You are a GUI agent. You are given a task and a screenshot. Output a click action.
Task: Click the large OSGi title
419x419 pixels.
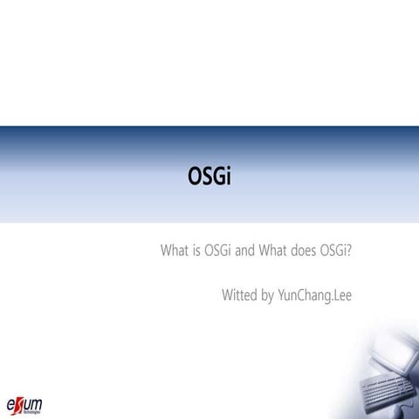pyautogui.click(x=209, y=176)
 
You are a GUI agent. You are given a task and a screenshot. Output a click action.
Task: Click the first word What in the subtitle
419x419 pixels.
pyautogui.click(x=175, y=251)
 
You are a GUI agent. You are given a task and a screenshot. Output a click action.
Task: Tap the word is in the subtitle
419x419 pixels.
pyautogui.click(x=197, y=251)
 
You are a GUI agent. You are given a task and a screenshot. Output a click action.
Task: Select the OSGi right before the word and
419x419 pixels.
pyautogui.click(x=218, y=251)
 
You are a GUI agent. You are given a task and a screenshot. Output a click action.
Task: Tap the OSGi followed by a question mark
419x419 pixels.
pyautogui.click(x=333, y=251)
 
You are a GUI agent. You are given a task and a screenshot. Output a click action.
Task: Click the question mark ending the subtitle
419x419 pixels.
pyautogui.click(x=349, y=251)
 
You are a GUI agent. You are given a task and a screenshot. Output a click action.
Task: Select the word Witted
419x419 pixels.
pyautogui.click(x=239, y=294)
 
